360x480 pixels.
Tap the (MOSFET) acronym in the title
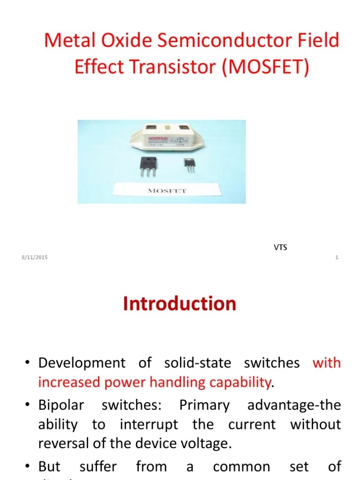click(266, 67)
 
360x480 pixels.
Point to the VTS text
click(280, 247)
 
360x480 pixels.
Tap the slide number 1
click(337, 258)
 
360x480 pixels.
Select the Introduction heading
click(180, 304)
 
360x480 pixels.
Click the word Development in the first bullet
click(82, 363)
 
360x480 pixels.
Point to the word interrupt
click(149, 425)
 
